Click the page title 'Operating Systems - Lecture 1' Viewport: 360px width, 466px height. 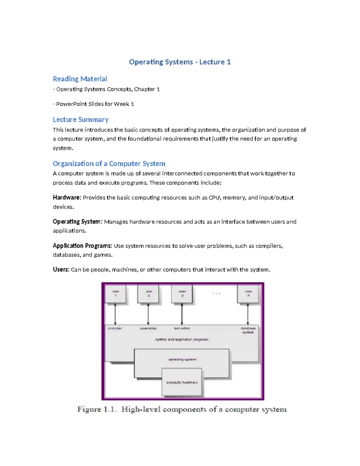coord(180,62)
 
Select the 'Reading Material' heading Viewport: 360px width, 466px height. coord(80,79)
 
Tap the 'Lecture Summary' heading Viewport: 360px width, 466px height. coord(80,119)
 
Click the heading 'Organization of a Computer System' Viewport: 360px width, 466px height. coord(109,164)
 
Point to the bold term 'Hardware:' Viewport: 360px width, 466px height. coord(67,197)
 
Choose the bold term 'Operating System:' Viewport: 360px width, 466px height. coord(77,221)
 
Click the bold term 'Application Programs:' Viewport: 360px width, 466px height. coord(82,246)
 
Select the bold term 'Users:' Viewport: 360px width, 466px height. coord(61,269)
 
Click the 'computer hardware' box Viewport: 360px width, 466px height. coord(182,382)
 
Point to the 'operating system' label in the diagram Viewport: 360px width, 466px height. coord(182,359)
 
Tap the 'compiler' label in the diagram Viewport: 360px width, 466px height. coord(115,328)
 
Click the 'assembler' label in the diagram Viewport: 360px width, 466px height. coord(148,328)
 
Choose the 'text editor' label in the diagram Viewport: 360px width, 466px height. coord(182,328)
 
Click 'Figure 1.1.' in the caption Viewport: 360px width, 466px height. coord(97,409)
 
